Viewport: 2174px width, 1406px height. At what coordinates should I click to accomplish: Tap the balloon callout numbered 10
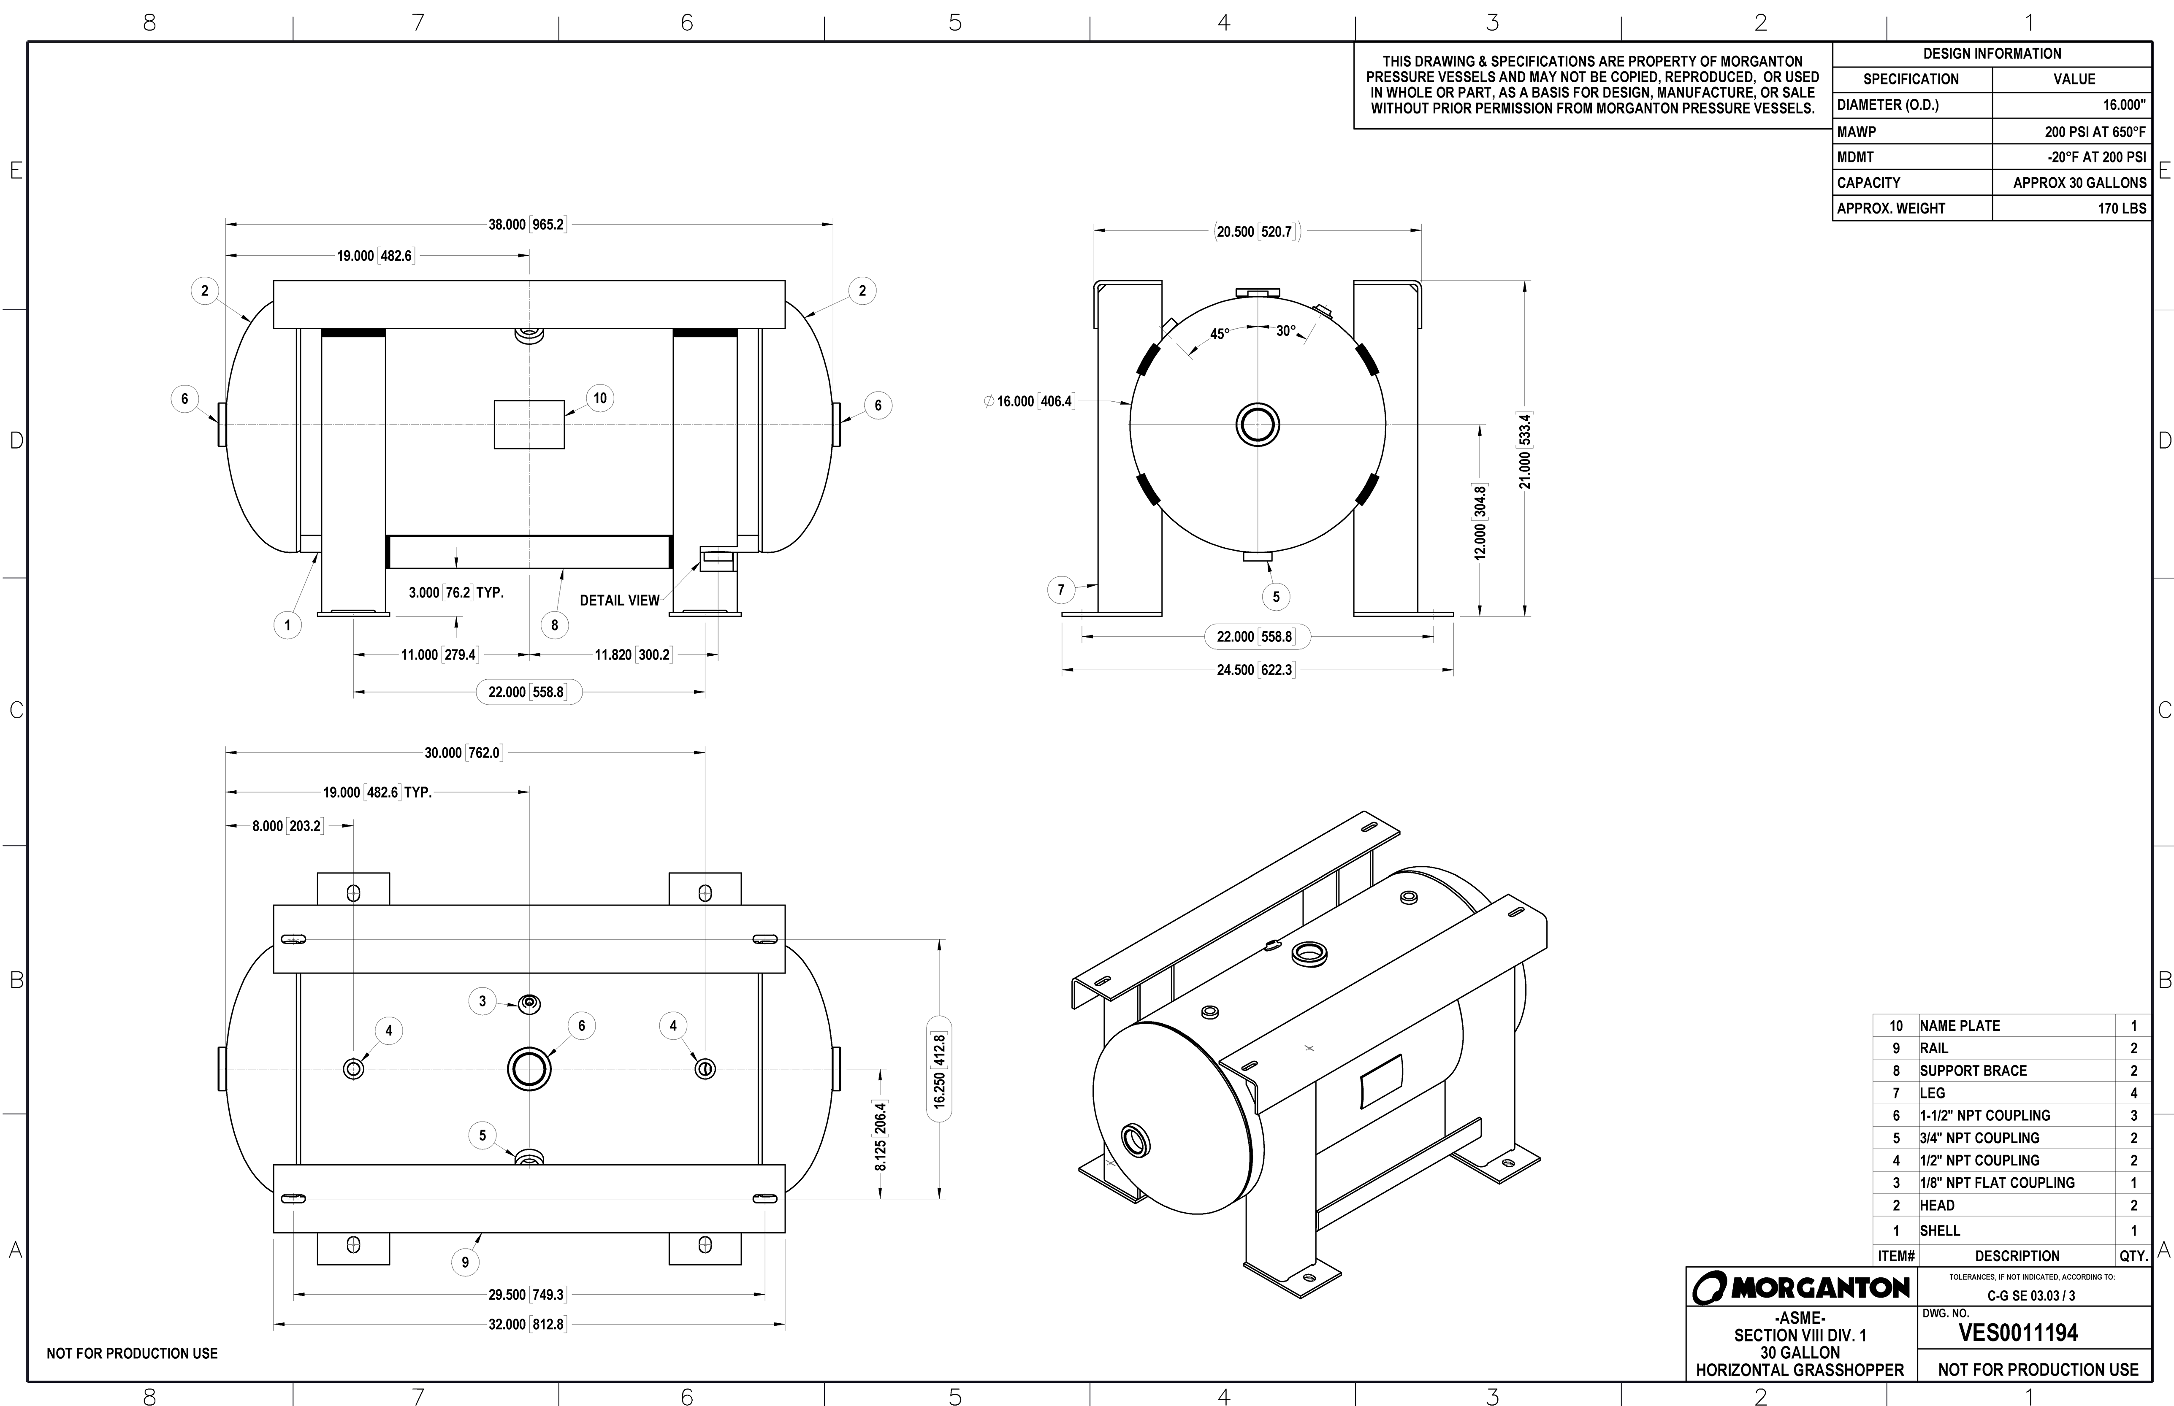(600, 398)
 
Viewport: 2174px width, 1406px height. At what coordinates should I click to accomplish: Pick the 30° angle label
(1285, 330)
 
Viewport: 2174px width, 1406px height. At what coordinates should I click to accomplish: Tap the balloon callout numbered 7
(1061, 590)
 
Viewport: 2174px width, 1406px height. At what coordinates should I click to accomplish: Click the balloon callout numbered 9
(465, 1262)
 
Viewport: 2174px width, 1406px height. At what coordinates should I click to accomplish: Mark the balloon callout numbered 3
(483, 1000)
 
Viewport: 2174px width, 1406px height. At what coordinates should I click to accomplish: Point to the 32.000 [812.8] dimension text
(527, 1324)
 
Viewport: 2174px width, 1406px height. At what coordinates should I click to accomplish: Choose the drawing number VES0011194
(2018, 1333)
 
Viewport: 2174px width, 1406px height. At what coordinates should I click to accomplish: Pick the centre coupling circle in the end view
(1257, 424)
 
